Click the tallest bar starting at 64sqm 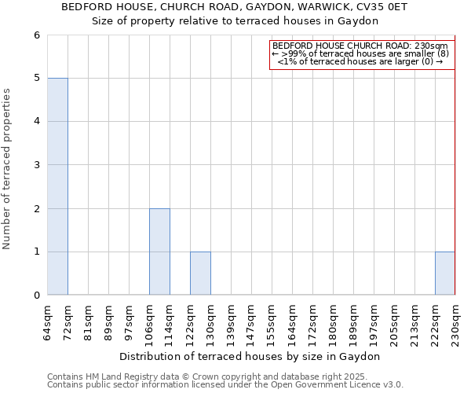[57, 186]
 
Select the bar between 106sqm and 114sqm [159, 252]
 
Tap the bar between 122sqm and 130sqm [200, 274]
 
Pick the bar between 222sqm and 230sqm [445, 274]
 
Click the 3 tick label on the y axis [36, 165]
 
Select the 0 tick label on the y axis [36, 296]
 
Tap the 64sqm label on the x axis [48, 321]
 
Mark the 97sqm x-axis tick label [130, 321]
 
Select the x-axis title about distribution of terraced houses [251, 356]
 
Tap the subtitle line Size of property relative [235, 21]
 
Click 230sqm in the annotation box [432, 46]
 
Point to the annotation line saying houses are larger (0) [360, 61]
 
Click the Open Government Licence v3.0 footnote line [225, 384]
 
